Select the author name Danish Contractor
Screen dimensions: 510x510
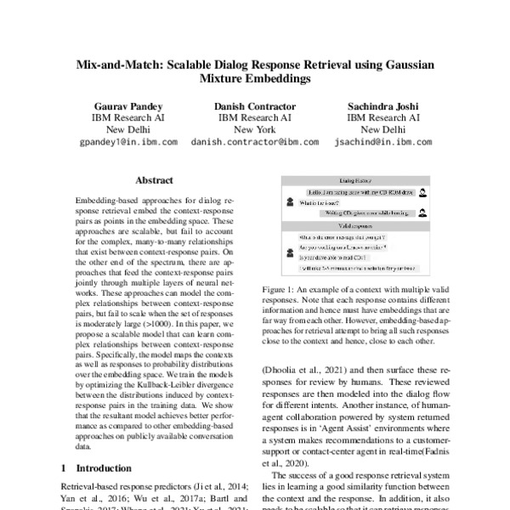(254, 105)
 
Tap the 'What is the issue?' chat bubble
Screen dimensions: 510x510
(319, 203)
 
